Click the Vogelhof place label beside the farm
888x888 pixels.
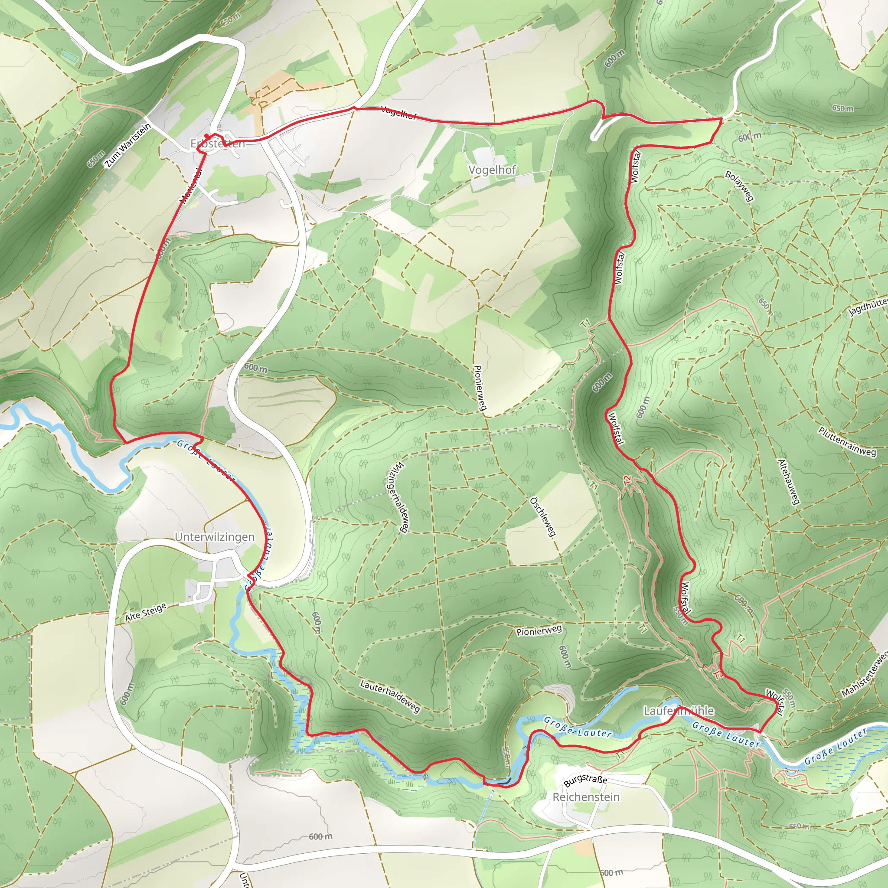(492, 170)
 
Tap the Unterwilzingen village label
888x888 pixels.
(214, 537)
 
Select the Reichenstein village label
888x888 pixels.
(586, 797)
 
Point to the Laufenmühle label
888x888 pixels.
(679, 711)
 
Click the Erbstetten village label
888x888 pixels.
(218, 144)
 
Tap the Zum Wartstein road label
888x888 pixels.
(127, 146)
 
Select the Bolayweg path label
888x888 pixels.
(740, 186)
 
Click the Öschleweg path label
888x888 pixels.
(543, 516)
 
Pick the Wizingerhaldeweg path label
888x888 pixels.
(398, 497)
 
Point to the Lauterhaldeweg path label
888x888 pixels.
(390, 697)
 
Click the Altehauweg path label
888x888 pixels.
(789, 482)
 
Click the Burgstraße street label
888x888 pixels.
(585, 780)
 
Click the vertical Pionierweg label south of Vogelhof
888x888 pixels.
(480, 388)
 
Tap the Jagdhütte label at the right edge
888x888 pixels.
(868, 307)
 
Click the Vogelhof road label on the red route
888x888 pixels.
(398, 113)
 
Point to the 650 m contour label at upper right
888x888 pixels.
(842, 108)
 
